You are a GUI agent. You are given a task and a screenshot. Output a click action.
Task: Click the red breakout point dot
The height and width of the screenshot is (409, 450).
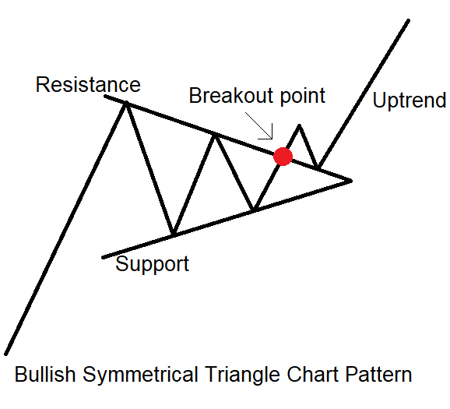pos(283,157)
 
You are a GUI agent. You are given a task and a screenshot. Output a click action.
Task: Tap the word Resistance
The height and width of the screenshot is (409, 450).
pos(88,85)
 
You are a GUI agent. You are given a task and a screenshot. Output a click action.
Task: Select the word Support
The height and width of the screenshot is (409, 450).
pos(152,264)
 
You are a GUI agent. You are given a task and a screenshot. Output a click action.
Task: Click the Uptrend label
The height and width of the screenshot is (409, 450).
pos(410,100)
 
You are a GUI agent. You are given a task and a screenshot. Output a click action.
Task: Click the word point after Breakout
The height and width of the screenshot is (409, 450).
pos(303,96)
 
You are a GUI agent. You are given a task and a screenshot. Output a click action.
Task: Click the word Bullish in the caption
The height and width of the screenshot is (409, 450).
pos(45,374)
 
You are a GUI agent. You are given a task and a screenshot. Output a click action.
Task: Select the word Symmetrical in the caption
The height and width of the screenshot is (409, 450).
pos(141,375)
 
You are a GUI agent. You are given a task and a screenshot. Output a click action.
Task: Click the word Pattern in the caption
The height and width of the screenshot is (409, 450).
pos(378,374)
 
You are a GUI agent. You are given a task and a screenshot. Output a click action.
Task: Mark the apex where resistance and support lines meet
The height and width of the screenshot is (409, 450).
pos(351,181)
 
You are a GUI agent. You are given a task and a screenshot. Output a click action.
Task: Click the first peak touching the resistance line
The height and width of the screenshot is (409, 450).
pos(125,103)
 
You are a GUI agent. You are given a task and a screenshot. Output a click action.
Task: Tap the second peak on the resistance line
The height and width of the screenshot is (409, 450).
pos(215,135)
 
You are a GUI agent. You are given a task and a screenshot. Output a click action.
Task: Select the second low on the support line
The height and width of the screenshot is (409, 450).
pos(253,210)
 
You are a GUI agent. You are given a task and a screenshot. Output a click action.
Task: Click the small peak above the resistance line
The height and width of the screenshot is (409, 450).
pos(299,125)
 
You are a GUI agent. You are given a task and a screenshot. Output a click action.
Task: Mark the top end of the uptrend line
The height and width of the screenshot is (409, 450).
pos(408,20)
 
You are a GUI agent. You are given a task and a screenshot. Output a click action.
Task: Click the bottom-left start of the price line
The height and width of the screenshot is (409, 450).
pos(5,354)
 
